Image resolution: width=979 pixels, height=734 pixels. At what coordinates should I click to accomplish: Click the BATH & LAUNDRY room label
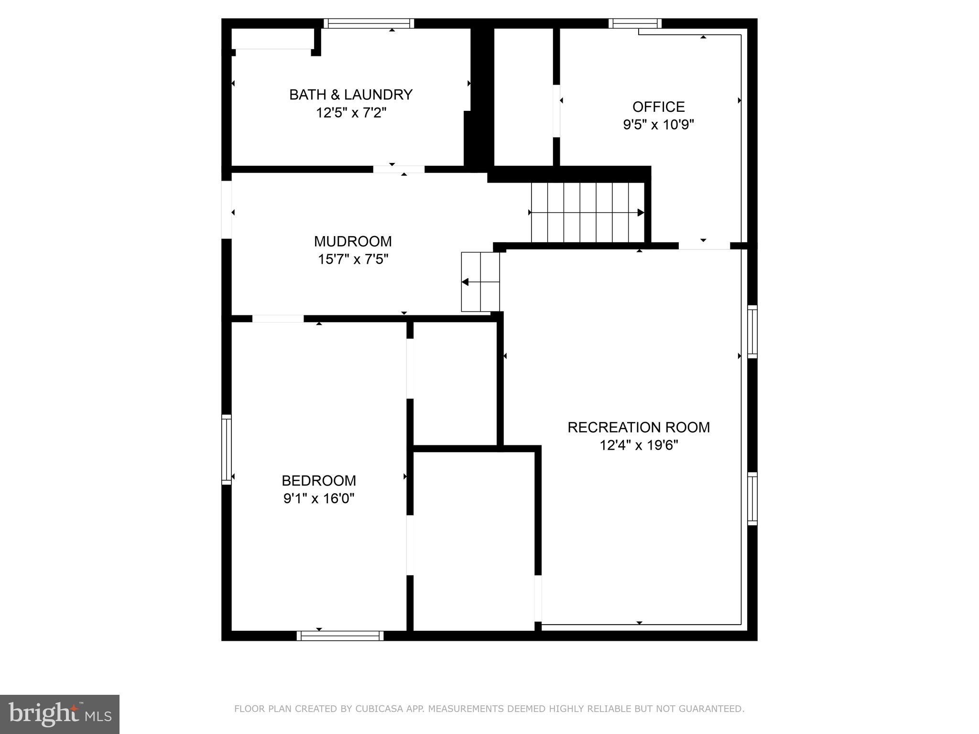click(x=350, y=95)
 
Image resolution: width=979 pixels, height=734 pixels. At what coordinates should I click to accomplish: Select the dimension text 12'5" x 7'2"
click(x=350, y=113)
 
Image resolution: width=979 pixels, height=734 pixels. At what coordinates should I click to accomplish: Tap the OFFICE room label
click(x=658, y=107)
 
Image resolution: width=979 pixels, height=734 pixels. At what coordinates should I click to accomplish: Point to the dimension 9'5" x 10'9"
click(x=658, y=125)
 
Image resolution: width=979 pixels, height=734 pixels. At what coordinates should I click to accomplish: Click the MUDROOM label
click(x=353, y=241)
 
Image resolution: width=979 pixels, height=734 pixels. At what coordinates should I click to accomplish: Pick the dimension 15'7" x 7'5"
click(x=353, y=259)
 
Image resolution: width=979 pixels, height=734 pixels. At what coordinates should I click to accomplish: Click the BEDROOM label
click(x=319, y=480)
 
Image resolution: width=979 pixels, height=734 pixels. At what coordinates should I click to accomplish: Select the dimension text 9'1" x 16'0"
click(x=319, y=498)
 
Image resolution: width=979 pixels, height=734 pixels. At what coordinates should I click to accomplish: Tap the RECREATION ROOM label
click(x=639, y=427)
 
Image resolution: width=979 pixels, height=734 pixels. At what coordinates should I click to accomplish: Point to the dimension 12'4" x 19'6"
click(x=639, y=445)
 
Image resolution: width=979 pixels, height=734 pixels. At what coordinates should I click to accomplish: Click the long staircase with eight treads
click(x=587, y=213)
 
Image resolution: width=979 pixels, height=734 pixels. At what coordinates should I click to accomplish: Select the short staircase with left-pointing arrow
click(x=480, y=282)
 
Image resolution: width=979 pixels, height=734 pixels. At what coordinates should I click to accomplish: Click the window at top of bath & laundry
click(x=369, y=23)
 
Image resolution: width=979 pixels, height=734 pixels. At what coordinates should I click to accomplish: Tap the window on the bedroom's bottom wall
click(x=340, y=636)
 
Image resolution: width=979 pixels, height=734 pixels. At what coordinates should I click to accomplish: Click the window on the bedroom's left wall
click(x=227, y=450)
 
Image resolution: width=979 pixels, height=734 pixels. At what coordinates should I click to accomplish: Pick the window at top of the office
click(x=635, y=23)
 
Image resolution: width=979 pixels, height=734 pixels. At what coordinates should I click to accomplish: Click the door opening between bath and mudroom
click(x=399, y=169)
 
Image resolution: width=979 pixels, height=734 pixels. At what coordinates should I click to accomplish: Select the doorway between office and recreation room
click(x=704, y=246)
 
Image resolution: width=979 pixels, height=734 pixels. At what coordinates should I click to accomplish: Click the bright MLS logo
click(x=60, y=714)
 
